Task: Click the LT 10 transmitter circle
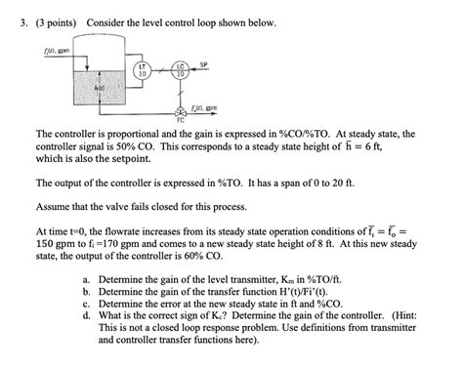point(143,70)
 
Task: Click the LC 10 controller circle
point(179,70)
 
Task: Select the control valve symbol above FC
point(178,110)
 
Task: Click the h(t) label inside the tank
point(98,87)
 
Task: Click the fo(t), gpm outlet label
point(206,107)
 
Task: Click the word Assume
point(54,207)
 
